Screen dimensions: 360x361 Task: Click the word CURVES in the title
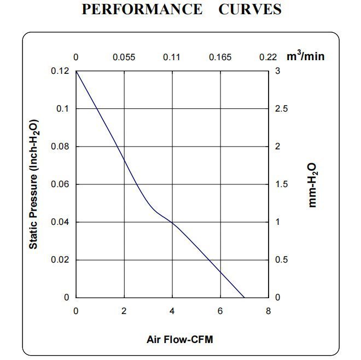click(x=250, y=9)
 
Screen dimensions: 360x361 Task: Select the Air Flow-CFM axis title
click(x=179, y=339)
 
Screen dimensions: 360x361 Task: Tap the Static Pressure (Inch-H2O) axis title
click(x=34, y=184)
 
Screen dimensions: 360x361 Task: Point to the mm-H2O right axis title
click(x=312, y=185)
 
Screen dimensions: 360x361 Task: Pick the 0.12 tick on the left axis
click(x=61, y=71)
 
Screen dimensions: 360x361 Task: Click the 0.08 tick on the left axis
click(x=61, y=147)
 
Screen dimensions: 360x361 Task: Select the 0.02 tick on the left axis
click(x=61, y=260)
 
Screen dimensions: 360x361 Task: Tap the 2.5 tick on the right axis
click(x=281, y=109)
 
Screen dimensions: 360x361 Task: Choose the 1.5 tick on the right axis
click(x=281, y=184)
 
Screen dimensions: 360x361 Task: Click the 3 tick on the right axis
click(x=278, y=71)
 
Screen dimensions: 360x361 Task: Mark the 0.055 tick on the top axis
click(x=124, y=57)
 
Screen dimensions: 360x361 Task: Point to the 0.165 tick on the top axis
click(x=220, y=57)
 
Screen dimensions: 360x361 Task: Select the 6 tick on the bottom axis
click(x=220, y=311)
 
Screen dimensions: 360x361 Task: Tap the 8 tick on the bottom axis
click(x=269, y=311)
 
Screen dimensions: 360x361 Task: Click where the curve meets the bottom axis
click(x=244, y=298)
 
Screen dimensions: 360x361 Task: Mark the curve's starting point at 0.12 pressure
click(x=76, y=71)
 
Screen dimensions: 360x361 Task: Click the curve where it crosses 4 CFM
click(x=172, y=223)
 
